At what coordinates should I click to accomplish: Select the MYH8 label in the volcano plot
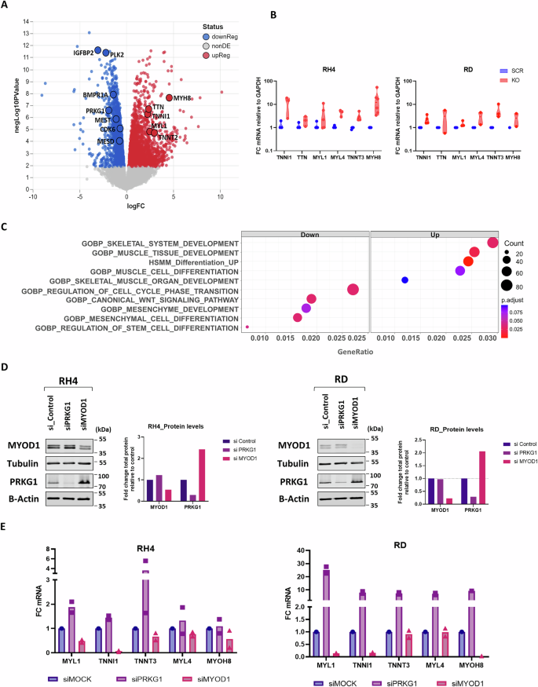(x=182, y=97)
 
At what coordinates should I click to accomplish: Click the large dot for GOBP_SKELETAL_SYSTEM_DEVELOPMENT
(x=492, y=243)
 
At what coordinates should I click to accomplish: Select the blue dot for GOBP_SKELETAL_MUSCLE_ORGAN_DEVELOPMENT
(x=404, y=280)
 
